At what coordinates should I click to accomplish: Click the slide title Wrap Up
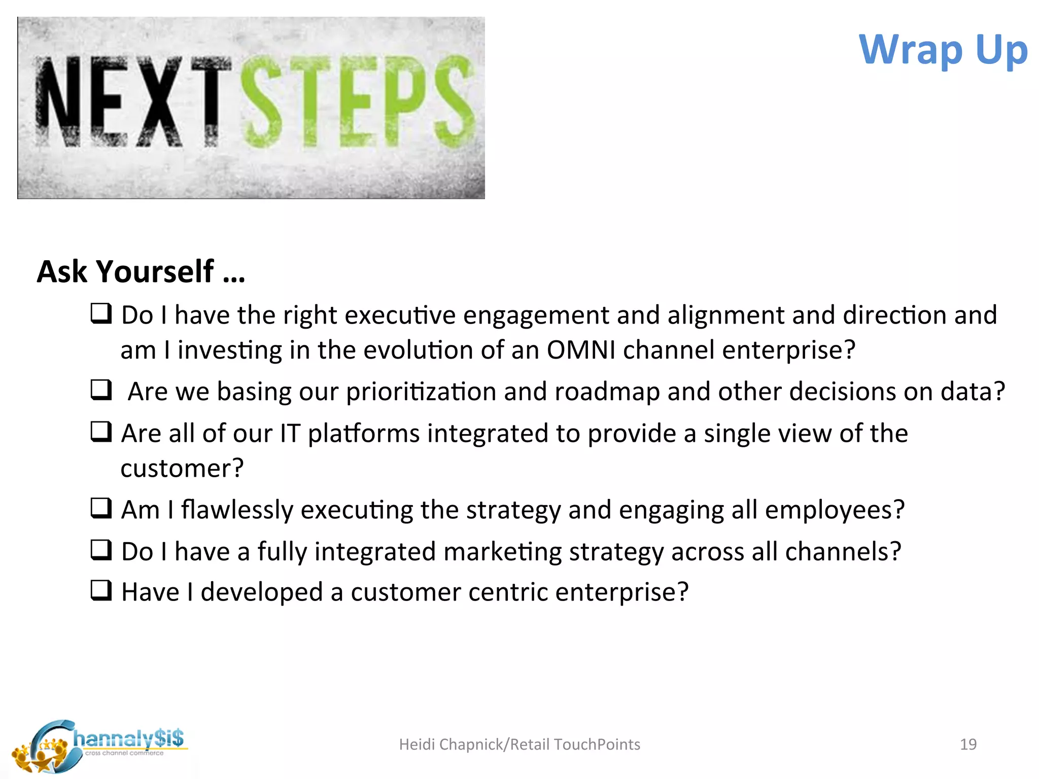point(943,50)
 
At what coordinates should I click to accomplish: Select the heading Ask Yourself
point(141,271)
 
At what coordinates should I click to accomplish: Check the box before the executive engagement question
point(101,313)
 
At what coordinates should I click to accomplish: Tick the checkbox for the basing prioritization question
point(101,389)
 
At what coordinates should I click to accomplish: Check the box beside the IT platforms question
point(101,432)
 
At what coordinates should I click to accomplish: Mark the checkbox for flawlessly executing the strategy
point(101,508)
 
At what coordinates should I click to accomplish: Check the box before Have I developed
point(101,590)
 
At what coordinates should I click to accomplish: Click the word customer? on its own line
point(182,468)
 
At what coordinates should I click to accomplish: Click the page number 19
point(968,744)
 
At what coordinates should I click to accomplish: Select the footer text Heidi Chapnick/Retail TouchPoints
point(519,744)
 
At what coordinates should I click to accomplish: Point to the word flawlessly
point(237,510)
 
